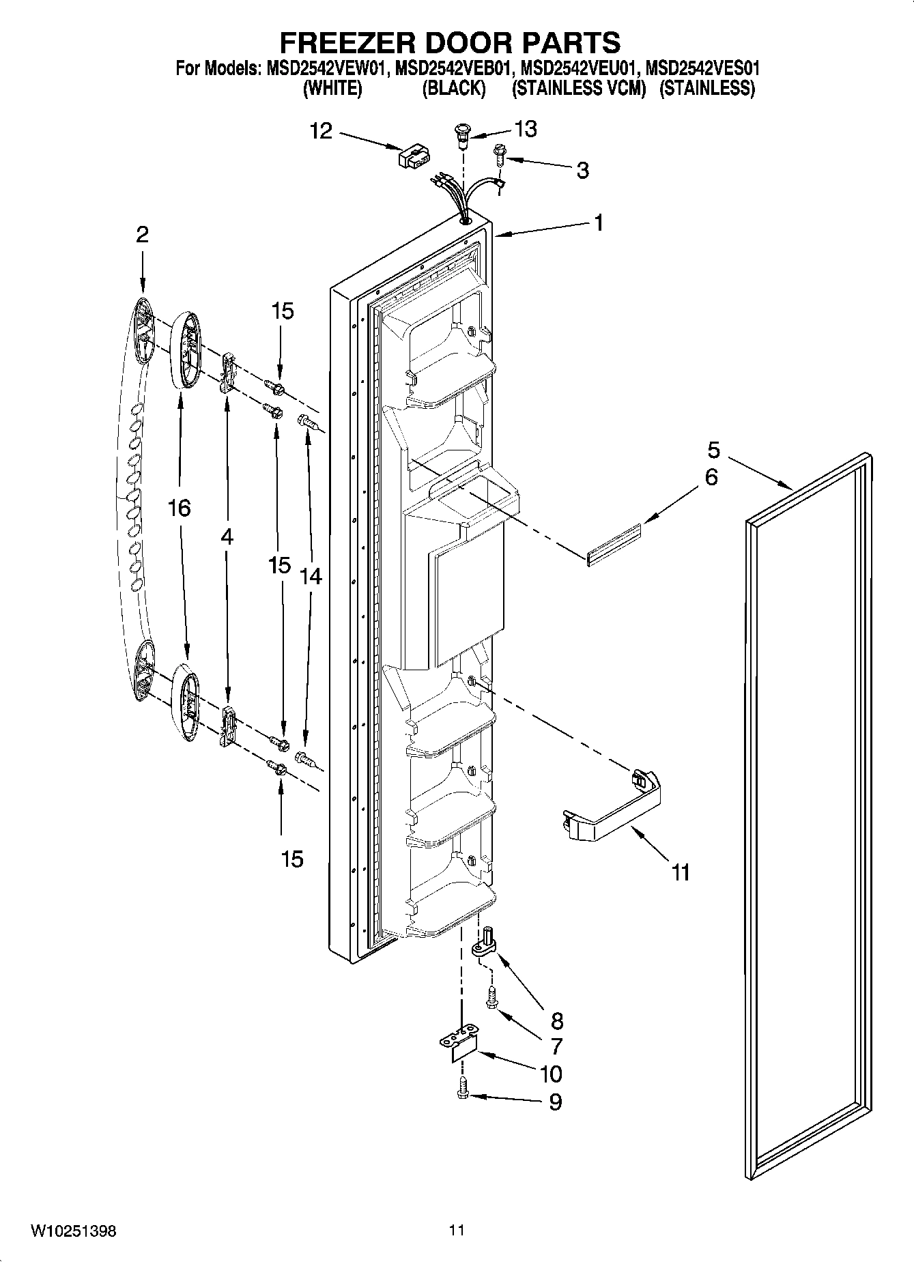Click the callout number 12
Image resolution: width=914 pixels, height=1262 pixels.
click(321, 130)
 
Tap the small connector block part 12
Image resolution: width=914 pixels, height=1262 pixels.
click(412, 156)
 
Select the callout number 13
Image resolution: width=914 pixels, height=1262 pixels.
click(526, 128)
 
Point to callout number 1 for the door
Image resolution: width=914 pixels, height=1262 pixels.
click(598, 223)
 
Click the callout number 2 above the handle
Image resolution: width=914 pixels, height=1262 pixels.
click(141, 235)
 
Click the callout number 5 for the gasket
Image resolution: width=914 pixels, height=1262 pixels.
click(713, 450)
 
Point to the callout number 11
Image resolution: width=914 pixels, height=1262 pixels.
click(681, 872)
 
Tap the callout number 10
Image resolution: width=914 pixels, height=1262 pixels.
click(550, 1074)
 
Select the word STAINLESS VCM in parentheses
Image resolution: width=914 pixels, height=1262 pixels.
click(578, 88)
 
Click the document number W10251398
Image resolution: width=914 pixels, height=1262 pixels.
click(73, 1231)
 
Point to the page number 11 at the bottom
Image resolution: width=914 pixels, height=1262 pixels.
click(457, 1231)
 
